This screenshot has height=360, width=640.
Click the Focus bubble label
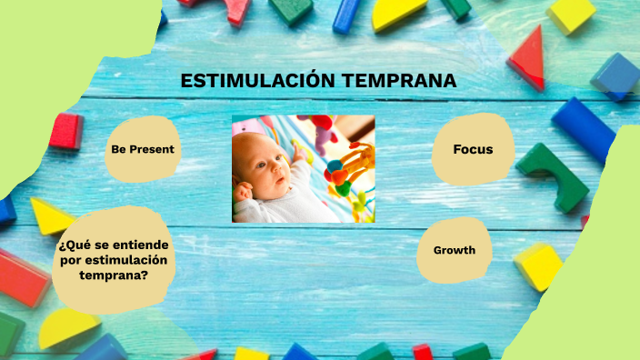473,149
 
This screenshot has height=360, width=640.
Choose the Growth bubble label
455,250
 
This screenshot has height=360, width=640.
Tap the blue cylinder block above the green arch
584,127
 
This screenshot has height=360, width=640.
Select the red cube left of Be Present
65,131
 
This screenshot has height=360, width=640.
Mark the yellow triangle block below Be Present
51,216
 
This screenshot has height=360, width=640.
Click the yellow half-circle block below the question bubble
68,328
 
